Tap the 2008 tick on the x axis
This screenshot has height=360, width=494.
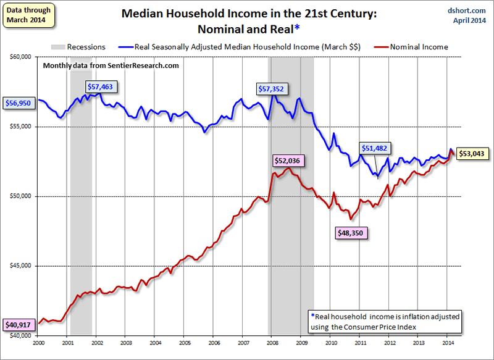pyautogui.click(x=272, y=341)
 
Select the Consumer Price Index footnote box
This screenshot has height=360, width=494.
pyautogui.click(x=384, y=321)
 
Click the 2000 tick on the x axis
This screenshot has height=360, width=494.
pyautogui.click(x=38, y=341)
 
